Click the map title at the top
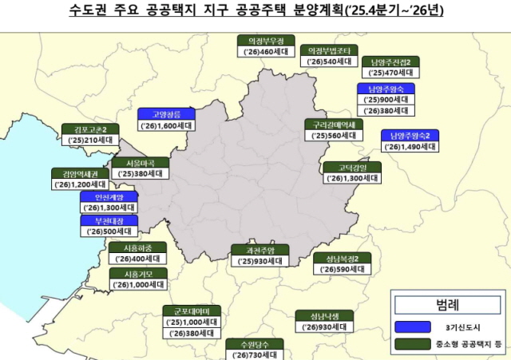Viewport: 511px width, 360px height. [255, 11]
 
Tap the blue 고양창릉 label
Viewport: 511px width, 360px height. [166, 114]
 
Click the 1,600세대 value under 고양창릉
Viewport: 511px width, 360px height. [166, 126]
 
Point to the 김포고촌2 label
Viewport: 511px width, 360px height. [91, 129]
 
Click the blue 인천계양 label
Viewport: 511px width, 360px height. [109, 196]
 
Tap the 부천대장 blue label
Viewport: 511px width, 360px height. [109, 220]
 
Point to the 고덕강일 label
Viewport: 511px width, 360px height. [351, 167]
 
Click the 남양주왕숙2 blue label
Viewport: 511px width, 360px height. [410, 136]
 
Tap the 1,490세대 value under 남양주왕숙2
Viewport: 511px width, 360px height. [410, 148]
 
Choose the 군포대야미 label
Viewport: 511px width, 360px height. [191, 311]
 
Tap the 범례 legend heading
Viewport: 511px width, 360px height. [448, 304]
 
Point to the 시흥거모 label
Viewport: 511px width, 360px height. [141, 273]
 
